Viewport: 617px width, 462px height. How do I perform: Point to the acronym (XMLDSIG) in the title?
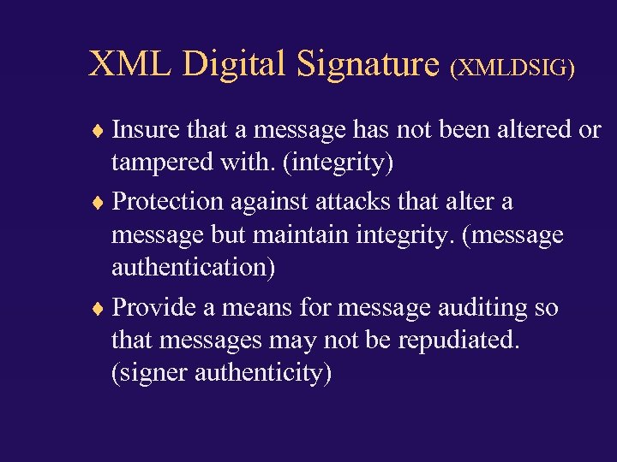(x=512, y=68)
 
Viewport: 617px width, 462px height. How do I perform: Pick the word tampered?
(x=159, y=163)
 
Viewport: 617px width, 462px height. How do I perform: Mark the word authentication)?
(x=194, y=268)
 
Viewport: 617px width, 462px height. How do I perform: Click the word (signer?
(x=151, y=374)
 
